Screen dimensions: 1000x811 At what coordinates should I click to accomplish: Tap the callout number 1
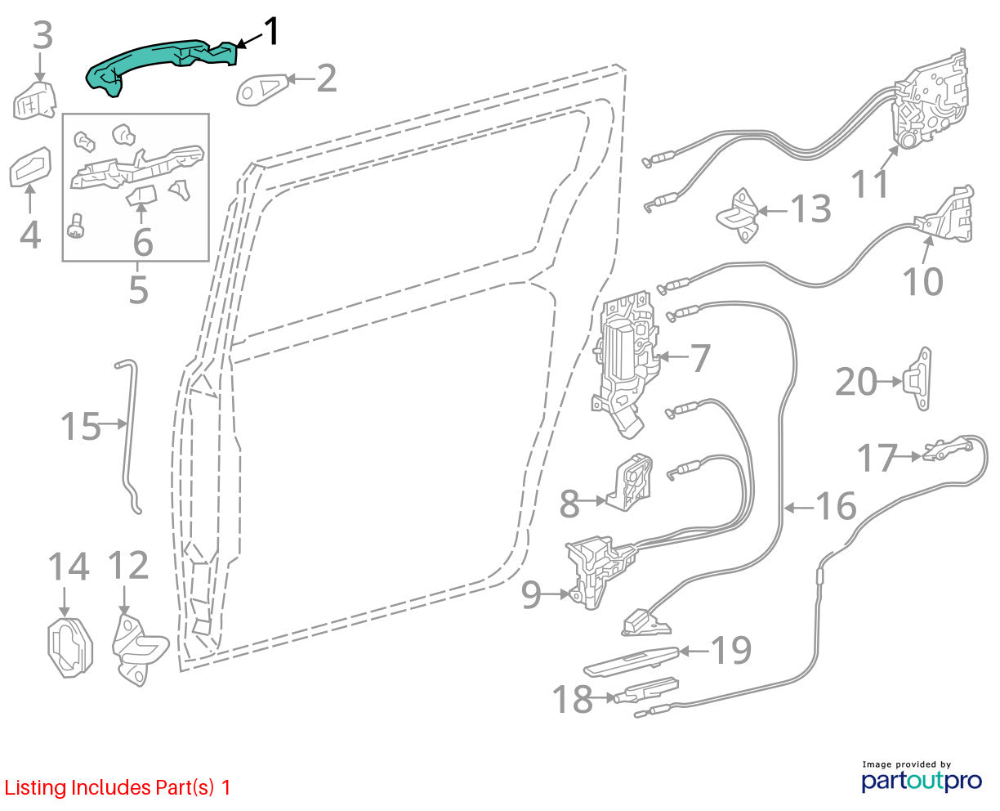[271, 31]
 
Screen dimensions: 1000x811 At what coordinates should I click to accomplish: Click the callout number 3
[42, 35]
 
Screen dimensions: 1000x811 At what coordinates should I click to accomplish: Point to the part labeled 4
[30, 167]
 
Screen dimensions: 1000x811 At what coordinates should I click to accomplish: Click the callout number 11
[869, 184]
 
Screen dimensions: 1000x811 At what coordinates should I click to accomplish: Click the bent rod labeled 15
[129, 437]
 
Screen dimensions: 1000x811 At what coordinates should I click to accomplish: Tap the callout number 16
[836, 506]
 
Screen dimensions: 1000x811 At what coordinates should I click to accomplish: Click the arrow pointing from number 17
[909, 455]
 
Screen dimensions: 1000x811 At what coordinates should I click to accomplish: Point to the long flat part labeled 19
[632, 661]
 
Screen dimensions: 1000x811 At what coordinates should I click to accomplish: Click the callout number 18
[572, 699]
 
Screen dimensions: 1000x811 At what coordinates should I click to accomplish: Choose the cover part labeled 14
[70, 648]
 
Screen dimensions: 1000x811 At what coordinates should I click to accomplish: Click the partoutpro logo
[922, 781]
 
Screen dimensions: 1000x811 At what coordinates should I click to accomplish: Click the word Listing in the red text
[35, 788]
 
